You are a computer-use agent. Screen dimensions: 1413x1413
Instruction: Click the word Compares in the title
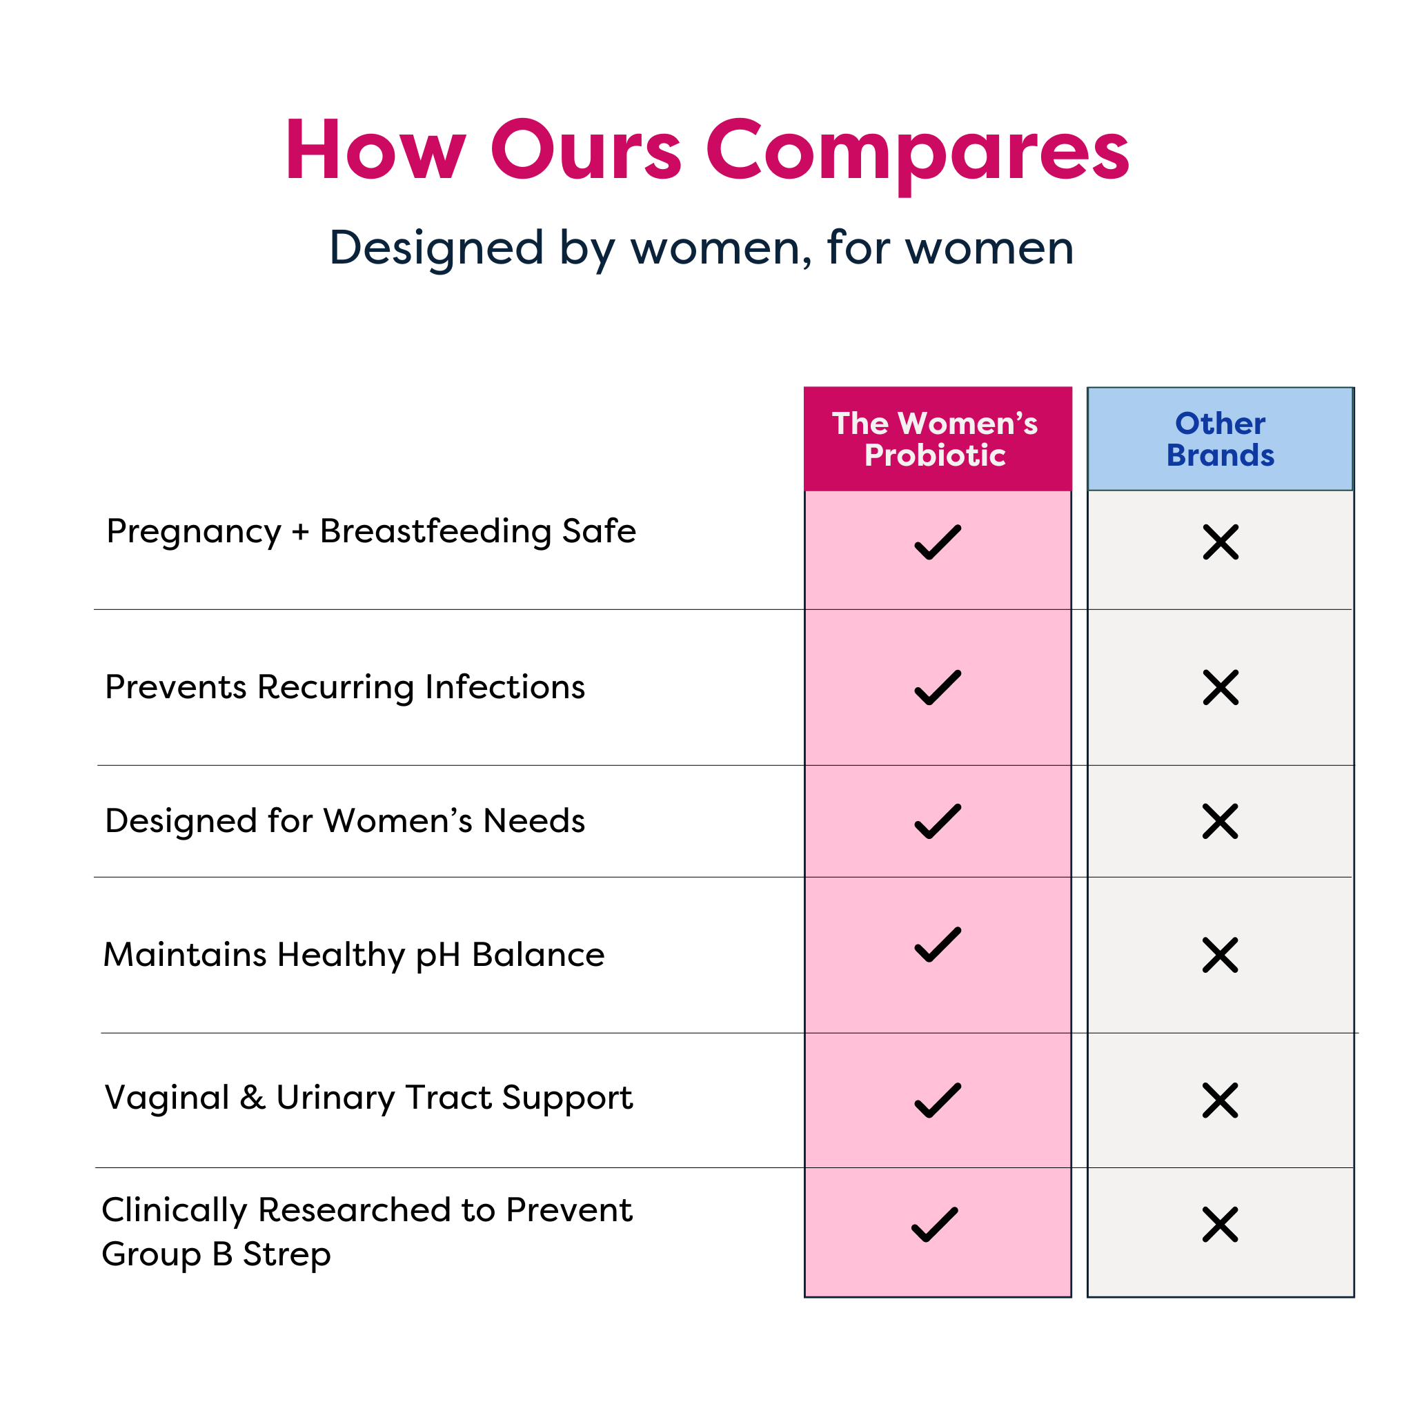click(x=917, y=151)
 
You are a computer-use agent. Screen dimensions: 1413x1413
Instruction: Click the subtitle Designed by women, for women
click(x=702, y=248)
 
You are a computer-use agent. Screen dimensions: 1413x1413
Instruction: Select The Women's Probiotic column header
click(x=936, y=439)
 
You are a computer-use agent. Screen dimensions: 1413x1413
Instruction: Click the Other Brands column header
click(x=1220, y=439)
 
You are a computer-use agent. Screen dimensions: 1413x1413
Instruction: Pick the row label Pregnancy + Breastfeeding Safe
click(x=370, y=532)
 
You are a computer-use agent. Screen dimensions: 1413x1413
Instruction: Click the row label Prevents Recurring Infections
click(x=344, y=687)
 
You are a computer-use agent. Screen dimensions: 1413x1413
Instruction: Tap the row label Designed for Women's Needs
click(x=344, y=821)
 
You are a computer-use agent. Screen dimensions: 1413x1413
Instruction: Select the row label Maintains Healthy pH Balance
click(x=354, y=955)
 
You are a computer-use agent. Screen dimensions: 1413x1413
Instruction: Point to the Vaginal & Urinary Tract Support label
click(x=368, y=1098)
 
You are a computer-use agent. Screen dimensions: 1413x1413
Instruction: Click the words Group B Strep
click(x=217, y=1254)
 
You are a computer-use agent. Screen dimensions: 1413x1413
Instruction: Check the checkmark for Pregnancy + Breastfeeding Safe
click(x=937, y=543)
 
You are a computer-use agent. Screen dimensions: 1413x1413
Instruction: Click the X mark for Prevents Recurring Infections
click(x=1221, y=687)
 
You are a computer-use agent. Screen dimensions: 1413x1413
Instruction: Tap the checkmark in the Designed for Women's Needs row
click(x=937, y=821)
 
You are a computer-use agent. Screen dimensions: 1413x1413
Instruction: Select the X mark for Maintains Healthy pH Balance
click(x=1220, y=955)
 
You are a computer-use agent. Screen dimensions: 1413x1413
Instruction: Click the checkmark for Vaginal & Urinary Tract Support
click(x=937, y=1100)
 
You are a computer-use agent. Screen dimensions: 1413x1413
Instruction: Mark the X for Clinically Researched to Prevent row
click(x=1220, y=1225)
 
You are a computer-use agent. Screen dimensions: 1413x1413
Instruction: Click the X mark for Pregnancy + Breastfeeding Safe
click(x=1221, y=543)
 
